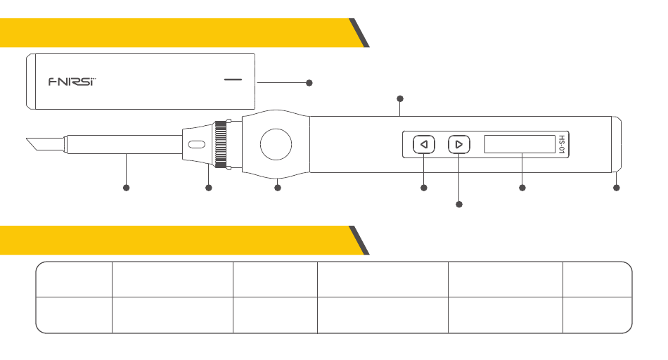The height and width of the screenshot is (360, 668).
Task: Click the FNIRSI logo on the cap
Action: pyautogui.click(x=72, y=81)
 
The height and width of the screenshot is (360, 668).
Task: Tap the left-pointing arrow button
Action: pyautogui.click(x=423, y=145)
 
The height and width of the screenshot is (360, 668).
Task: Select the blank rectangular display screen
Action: pyautogui.click(x=520, y=145)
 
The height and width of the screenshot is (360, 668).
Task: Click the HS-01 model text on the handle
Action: pyautogui.click(x=561, y=145)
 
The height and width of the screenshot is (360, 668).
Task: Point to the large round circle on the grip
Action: pyautogui.click(x=276, y=144)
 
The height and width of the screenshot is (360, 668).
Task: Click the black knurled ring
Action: pyautogui.click(x=221, y=144)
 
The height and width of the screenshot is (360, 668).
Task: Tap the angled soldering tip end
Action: pyautogui.click(x=36, y=145)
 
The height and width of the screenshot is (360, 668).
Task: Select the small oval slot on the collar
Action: pyautogui.click(x=197, y=145)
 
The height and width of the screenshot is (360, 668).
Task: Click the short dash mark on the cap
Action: pyautogui.click(x=233, y=79)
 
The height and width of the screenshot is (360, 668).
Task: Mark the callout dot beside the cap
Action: pyautogui.click(x=309, y=83)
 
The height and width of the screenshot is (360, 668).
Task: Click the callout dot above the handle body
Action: pyautogui.click(x=400, y=98)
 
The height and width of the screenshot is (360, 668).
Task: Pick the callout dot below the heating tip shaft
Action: pyautogui.click(x=127, y=188)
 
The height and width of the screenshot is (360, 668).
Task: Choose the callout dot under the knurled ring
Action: pyautogui.click(x=208, y=188)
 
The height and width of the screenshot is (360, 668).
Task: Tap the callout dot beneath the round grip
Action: pyautogui.click(x=277, y=188)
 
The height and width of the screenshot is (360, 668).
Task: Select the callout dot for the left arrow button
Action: pyautogui.click(x=423, y=188)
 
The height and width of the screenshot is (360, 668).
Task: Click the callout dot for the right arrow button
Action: pyautogui.click(x=459, y=205)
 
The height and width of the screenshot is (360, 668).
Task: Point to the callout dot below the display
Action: pyautogui.click(x=522, y=188)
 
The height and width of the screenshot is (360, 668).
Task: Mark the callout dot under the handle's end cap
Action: pyautogui.click(x=617, y=188)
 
